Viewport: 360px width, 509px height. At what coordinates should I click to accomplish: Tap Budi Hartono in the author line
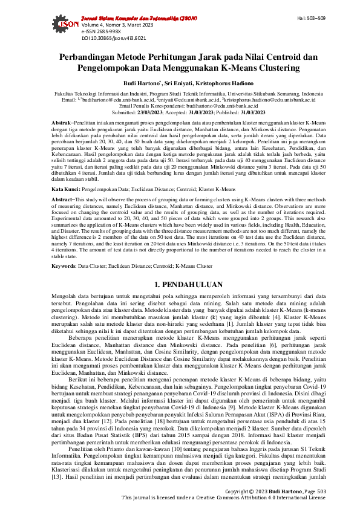click(x=135, y=84)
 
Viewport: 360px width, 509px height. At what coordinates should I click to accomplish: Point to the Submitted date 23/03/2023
click(x=151, y=112)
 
